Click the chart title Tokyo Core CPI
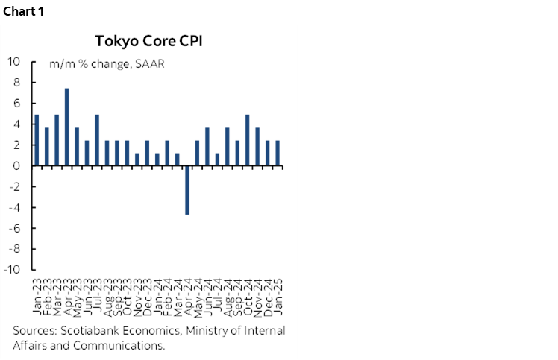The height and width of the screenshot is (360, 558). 149,40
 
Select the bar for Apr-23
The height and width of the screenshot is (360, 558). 67,127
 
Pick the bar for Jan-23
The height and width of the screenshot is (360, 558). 37,140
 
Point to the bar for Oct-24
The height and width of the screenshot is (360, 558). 248,140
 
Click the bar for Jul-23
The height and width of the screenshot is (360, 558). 97,140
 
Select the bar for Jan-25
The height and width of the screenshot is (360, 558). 278,154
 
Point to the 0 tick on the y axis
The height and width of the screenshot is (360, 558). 16,166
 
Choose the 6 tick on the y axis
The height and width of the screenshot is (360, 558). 16,104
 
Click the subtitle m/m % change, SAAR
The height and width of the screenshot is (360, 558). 107,64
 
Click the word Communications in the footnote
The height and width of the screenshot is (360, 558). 125,345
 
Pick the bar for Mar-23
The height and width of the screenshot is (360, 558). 57,140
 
